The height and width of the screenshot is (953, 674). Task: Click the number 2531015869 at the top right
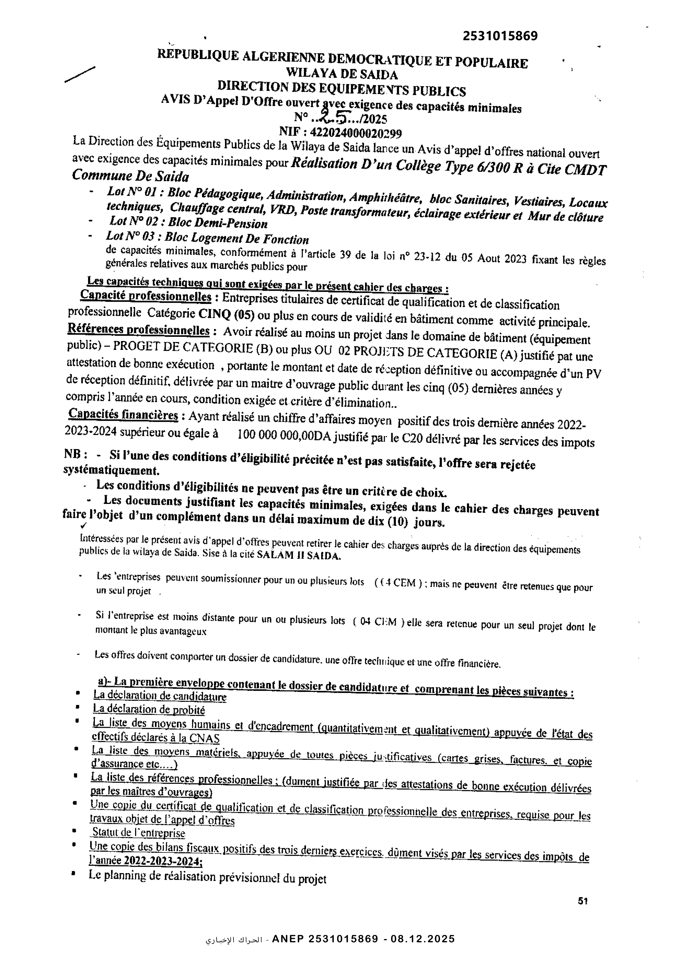500,36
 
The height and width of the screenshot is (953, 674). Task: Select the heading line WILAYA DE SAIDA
342,75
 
